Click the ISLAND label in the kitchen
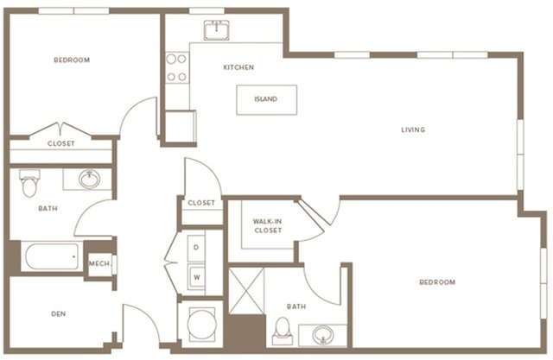point(266,99)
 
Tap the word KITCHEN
point(238,67)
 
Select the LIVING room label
point(413,130)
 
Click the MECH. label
point(99,264)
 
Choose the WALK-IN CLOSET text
point(267,226)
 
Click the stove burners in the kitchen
point(177,68)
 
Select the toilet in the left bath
point(30,182)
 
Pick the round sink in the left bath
point(89,180)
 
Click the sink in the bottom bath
point(322,333)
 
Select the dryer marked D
point(196,248)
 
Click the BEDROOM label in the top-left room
point(72,60)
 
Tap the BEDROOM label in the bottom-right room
point(437,282)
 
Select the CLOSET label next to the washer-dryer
point(201,202)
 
